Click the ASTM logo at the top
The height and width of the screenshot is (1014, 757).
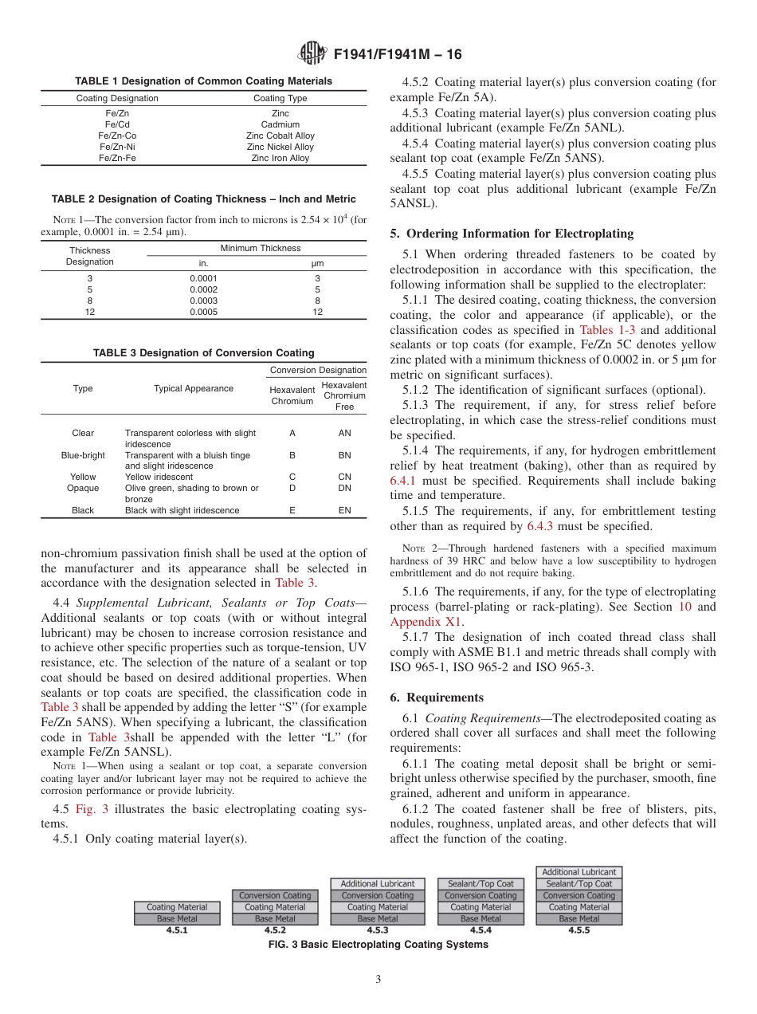pos(312,54)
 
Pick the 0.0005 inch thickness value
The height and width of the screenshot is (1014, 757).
pos(203,312)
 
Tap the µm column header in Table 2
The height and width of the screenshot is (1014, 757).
pos(317,263)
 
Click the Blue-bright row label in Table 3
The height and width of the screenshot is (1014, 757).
pos(83,455)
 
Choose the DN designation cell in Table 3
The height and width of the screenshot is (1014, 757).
pos(344,488)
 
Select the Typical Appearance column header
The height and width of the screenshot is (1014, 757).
pos(194,388)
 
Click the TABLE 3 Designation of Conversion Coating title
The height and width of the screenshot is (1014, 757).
pos(203,352)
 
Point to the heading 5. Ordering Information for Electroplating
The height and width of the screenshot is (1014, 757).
pos(512,234)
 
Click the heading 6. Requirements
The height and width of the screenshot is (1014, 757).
pos(437,697)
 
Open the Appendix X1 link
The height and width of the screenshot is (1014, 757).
pos(426,622)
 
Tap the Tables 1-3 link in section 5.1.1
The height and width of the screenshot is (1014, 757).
pos(606,329)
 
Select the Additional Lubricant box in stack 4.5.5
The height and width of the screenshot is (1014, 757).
pos(579,872)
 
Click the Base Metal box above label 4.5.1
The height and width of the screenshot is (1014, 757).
pos(177,918)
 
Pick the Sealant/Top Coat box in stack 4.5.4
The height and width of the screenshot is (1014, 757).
pos(480,883)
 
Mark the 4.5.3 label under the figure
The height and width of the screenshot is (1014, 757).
pos(377,929)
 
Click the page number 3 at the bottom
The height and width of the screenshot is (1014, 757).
pos(378,980)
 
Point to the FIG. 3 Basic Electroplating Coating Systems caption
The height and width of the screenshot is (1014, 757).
pos(378,945)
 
